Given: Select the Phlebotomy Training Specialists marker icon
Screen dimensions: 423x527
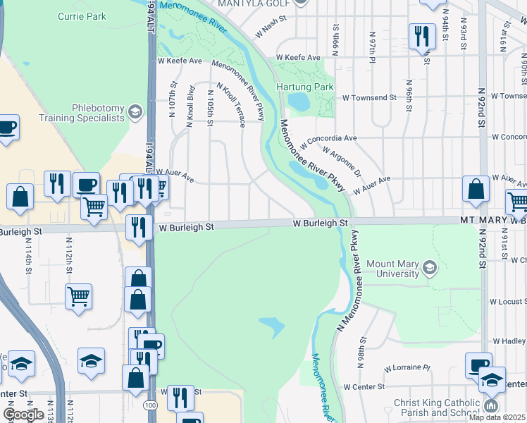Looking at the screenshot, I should pyautogui.click(x=135, y=111).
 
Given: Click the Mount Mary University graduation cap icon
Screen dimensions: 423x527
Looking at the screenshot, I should pyautogui.click(x=429, y=267).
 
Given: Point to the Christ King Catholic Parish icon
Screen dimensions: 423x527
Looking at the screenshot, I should pyautogui.click(x=490, y=406).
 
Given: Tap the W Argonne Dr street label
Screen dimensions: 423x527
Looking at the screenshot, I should pyautogui.click(x=342, y=161).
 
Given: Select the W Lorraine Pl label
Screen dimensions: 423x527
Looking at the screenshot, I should pyautogui.click(x=407, y=368).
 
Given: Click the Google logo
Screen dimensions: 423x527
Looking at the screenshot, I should pyautogui.click(x=23, y=415).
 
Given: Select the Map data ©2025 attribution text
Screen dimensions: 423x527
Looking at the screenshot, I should pyautogui.click(x=497, y=417).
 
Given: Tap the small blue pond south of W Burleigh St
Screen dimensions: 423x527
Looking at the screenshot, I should pyautogui.click(x=272, y=326).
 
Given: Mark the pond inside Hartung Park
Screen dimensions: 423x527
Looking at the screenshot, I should pyautogui.click(x=298, y=103).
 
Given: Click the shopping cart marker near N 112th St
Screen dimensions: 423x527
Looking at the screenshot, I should pyautogui.click(x=78, y=296).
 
